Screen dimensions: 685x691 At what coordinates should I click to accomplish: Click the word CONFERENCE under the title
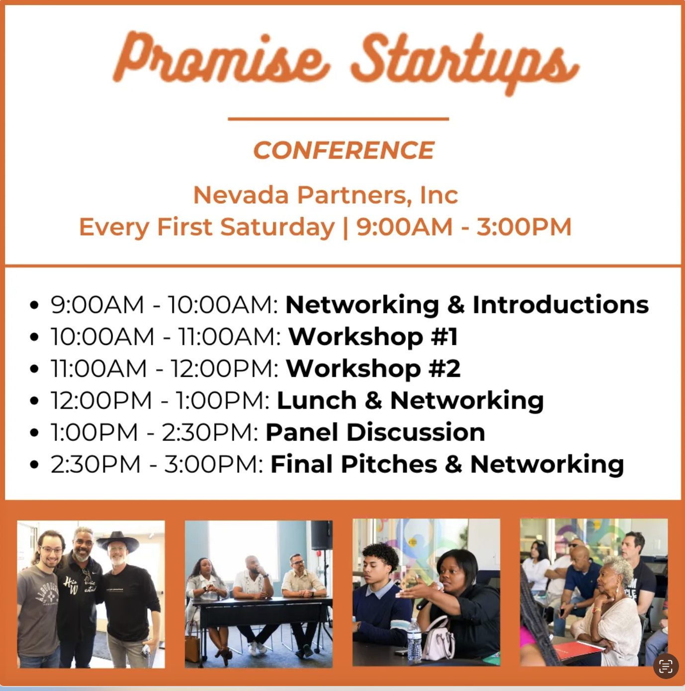343,150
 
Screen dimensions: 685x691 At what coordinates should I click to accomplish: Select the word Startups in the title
465,63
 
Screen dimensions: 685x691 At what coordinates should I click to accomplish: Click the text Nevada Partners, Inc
326,195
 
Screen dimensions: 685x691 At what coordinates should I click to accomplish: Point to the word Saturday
277,228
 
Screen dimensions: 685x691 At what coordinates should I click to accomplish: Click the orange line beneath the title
338,119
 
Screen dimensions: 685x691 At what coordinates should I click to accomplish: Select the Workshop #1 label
373,337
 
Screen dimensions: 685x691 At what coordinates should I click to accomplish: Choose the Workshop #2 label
373,369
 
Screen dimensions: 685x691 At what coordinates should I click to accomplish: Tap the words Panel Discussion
375,432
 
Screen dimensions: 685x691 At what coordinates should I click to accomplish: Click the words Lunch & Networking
410,401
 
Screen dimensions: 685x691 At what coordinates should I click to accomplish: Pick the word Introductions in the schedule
561,305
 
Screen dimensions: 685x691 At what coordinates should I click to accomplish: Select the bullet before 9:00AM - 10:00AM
34,305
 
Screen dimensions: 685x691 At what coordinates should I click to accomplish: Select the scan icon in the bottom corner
666,666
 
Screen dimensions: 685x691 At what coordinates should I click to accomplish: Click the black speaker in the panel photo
322,535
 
